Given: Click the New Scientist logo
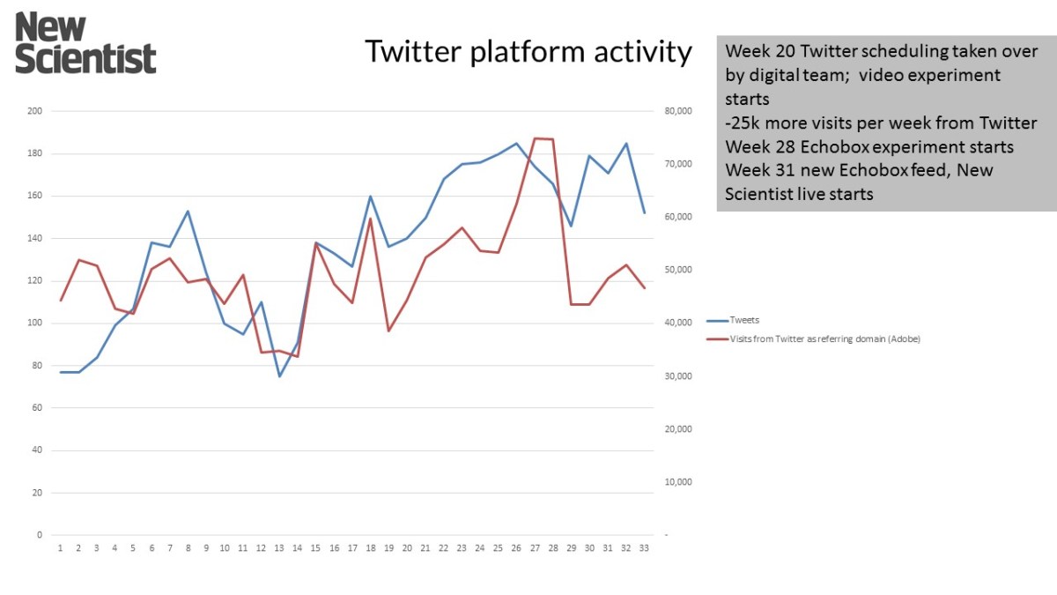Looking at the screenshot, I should point(85,42).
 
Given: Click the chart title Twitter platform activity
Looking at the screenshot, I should point(528,52).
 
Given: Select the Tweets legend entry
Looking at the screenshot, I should point(744,320).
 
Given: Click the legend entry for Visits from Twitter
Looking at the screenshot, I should point(824,338).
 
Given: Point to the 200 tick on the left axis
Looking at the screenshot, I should point(35,111).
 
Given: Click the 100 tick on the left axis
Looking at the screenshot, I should point(35,324).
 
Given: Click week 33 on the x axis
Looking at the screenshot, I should point(644,547).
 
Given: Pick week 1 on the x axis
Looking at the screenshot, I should point(60,547).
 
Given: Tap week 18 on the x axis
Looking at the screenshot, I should point(371,547).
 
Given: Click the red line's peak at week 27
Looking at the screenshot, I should point(535,138).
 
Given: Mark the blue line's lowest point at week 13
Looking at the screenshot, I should point(279,376).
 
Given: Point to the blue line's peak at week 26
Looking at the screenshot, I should point(516,143).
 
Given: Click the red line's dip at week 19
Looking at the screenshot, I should point(388,331).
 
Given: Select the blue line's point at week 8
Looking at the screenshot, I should point(188,211).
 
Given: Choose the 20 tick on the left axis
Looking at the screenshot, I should point(37,493).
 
